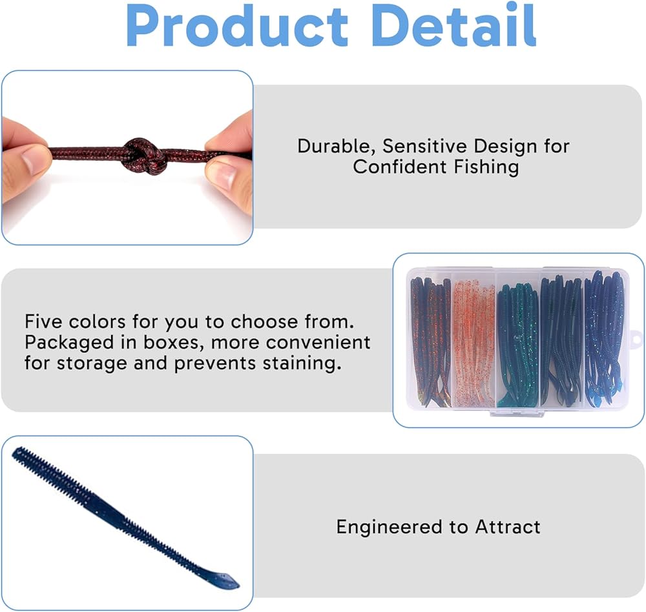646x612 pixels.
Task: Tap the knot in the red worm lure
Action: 144,156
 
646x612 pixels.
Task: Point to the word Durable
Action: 336,147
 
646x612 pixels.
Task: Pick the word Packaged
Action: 69,343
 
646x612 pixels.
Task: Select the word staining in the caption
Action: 302,363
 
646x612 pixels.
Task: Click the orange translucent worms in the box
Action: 474,343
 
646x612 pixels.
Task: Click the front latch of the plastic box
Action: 517,413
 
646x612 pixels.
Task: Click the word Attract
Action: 508,527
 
